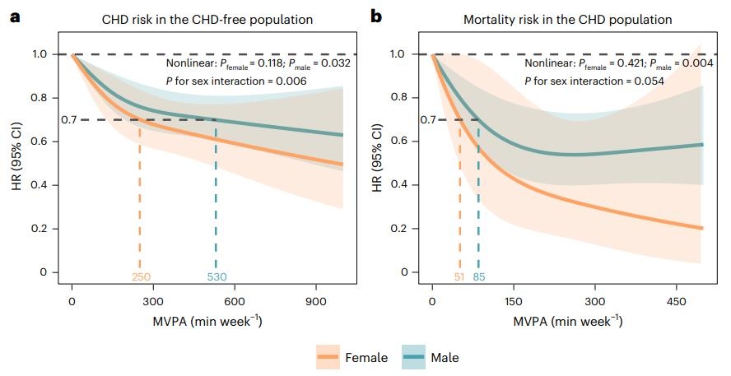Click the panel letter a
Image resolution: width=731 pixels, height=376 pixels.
coord(15,16)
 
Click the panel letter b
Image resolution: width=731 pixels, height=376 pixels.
coord(376,16)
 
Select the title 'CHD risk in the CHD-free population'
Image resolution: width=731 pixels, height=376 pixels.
coord(207,19)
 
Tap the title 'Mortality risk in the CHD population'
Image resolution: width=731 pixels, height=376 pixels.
coord(567,19)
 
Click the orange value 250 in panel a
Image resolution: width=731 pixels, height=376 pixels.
coord(142,277)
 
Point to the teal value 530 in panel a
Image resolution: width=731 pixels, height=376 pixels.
coord(217,277)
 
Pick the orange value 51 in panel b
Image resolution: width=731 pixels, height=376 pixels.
coord(459,277)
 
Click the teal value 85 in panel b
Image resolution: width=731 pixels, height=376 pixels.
coord(479,277)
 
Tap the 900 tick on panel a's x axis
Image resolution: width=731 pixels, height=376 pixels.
coord(317,301)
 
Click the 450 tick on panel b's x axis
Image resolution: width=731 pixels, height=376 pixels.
coord(676,301)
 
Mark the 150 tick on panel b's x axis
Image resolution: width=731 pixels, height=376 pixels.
coord(514,301)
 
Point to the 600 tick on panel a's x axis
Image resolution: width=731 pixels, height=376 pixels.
coord(235,301)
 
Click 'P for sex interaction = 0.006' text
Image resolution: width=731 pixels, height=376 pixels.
coord(235,81)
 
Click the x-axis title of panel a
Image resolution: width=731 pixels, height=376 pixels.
coord(207,322)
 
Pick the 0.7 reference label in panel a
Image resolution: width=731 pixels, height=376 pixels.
coord(70,120)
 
